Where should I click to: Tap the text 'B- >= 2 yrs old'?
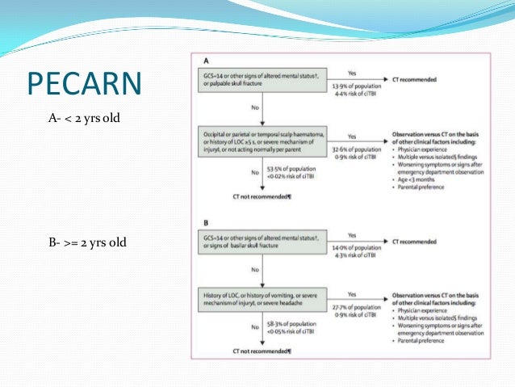click(x=87, y=242)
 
